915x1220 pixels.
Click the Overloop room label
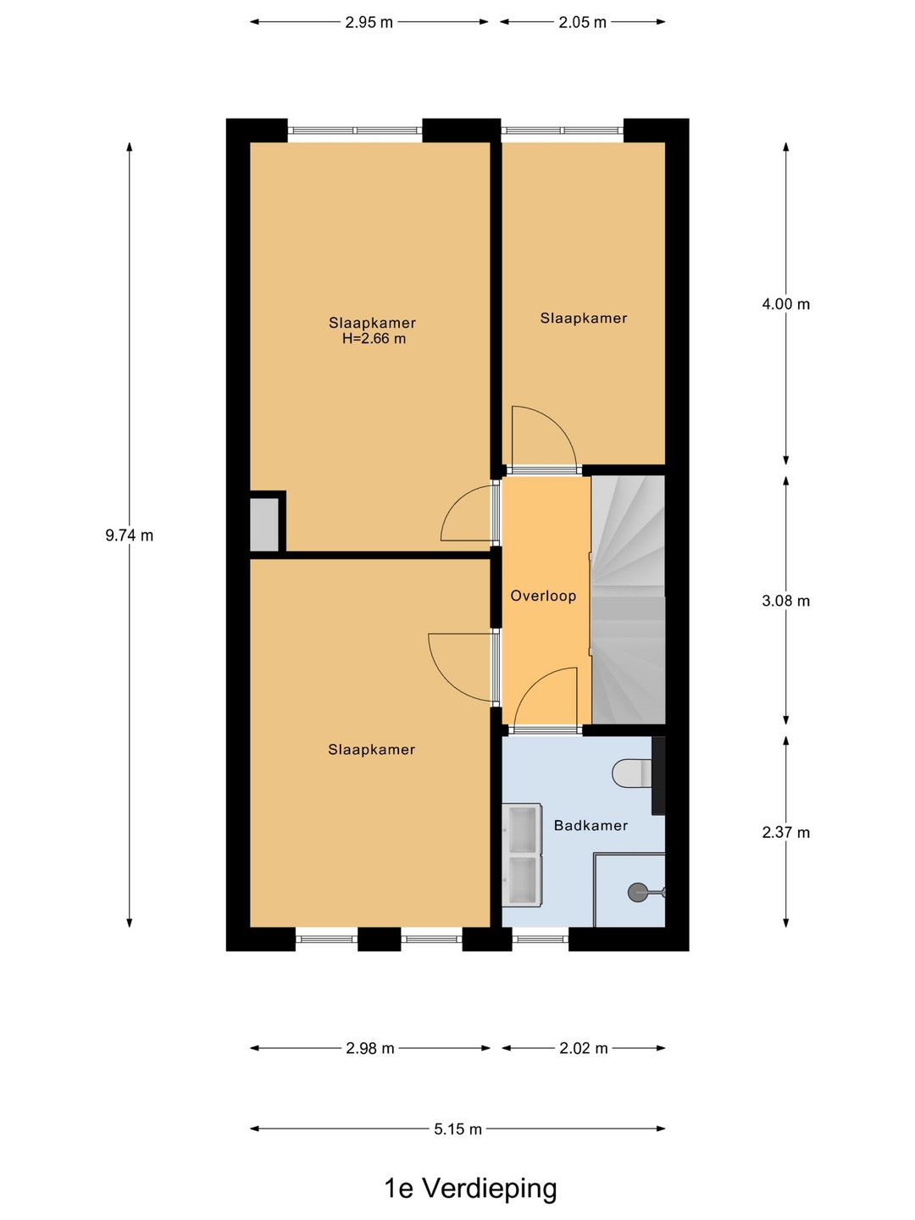click(543, 596)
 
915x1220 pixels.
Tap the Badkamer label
click(591, 825)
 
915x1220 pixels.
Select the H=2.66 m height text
click(374, 339)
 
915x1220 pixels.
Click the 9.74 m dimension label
click(129, 535)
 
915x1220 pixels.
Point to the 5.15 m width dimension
click(457, 1129)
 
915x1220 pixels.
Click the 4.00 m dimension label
click(785, 304)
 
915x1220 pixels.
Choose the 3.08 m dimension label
click(785, 601)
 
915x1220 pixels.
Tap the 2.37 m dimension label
click(785, 832)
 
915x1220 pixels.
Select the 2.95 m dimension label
click(369, 22)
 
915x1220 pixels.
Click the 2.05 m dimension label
click(582, 22)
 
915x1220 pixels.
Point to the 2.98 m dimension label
click(369, 1048)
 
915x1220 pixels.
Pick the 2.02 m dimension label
click(584, 1048)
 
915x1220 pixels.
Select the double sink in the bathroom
click(522, 855)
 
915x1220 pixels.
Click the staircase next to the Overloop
click(628, 601)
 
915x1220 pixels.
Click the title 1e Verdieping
click(470, 1189)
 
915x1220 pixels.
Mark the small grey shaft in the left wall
click(263, 524)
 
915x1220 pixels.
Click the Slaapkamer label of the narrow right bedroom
click(584, 319)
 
